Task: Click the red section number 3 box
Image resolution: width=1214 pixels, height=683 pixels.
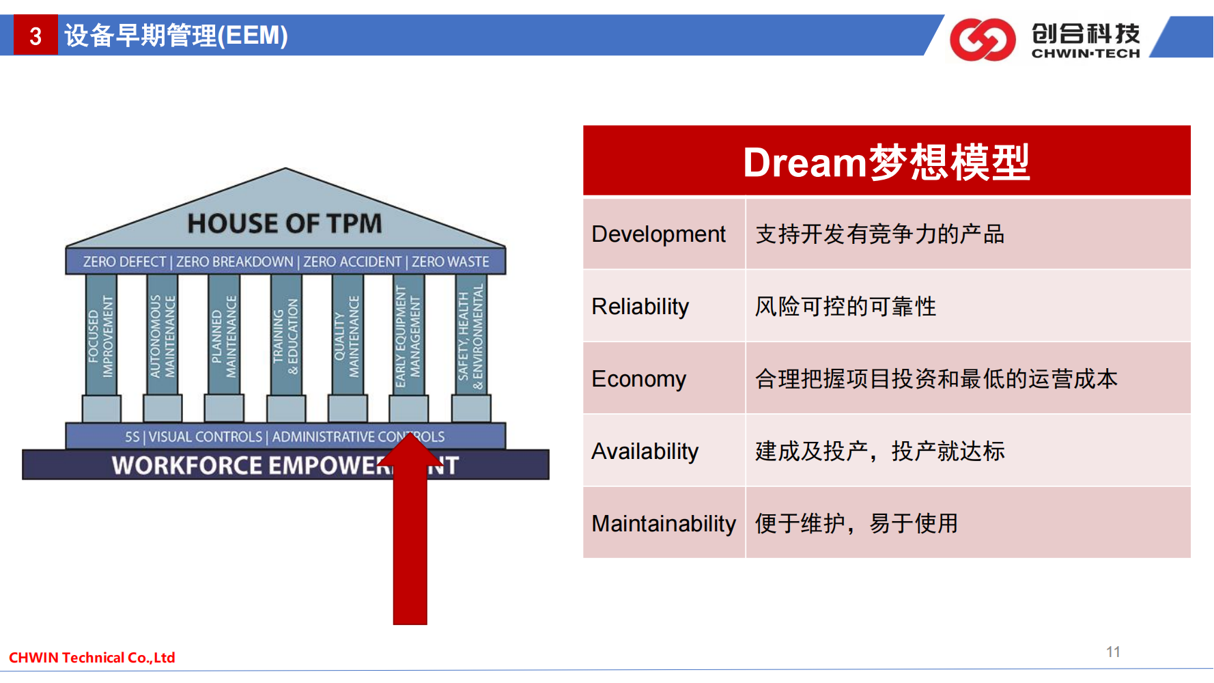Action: click(36, 35)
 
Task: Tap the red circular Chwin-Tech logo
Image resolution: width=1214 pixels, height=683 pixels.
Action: click(982, 40)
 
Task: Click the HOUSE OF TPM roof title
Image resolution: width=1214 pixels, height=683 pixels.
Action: click(285, 223)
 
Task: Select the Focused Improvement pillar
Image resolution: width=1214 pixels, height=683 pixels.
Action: click(101, 335)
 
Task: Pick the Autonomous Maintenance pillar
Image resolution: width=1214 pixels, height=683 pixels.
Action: click(163, 335)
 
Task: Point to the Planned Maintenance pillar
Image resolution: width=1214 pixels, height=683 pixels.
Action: click(224, 335)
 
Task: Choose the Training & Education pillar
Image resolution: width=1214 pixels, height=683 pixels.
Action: click(286, 335)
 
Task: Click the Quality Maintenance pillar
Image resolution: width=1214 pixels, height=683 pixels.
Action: click(348, 335)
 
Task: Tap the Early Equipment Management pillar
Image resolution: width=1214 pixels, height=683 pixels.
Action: click(408, 335)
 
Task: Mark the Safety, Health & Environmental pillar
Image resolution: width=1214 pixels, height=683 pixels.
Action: click(471, 335)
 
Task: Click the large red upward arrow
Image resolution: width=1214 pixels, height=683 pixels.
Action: click(410, 529)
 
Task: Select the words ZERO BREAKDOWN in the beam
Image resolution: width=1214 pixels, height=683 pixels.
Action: click(234, 262)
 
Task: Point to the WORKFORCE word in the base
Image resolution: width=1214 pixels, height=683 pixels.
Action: click(187, 465)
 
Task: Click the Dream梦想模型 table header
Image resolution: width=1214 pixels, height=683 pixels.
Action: click(886, 161)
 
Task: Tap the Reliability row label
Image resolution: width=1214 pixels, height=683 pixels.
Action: click(640, 307)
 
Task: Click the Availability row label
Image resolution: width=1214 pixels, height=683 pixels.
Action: click(645, 451)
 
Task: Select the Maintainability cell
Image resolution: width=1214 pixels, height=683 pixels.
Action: click(664, 523)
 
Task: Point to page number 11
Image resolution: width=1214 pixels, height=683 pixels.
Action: click(1113, 652)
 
